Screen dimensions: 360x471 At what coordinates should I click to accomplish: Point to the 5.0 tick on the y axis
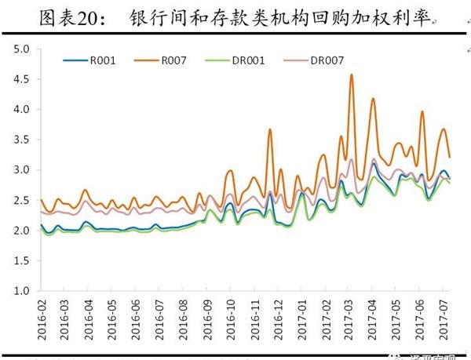coord(21,49)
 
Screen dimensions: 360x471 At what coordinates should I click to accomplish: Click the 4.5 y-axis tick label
coord(21,80)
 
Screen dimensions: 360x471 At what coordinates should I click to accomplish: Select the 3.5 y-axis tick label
coord(21,140)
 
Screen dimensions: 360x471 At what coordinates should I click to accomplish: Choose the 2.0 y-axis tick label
coord(21,231)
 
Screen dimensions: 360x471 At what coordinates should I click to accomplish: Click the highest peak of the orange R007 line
coord(351,75)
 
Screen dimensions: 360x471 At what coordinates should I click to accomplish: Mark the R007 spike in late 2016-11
coord(269,130)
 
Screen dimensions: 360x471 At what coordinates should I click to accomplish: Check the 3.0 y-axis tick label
coord(21,170)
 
